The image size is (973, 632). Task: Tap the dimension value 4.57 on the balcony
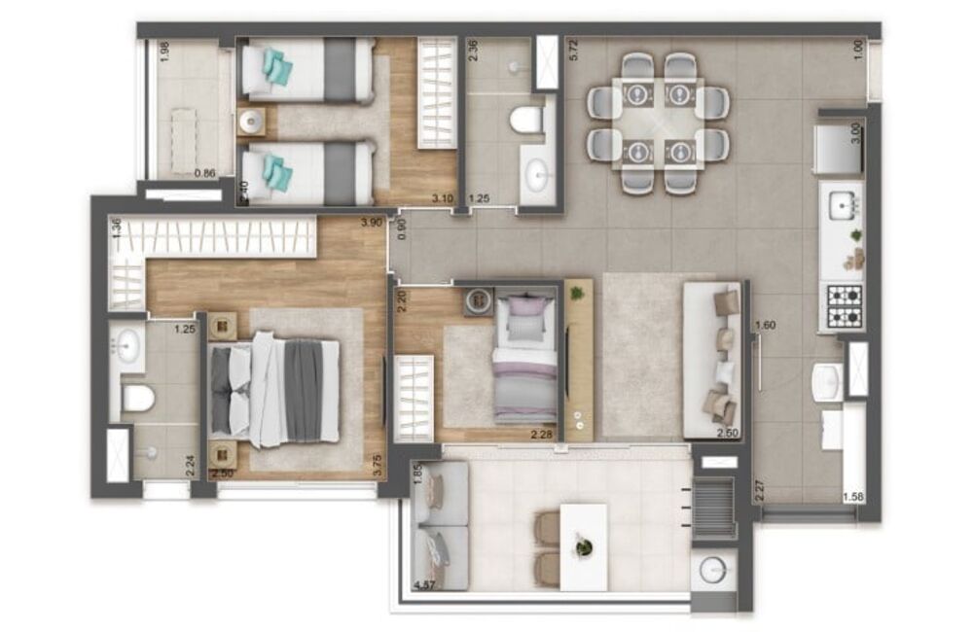[424, 585]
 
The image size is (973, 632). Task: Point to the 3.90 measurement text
[370, 223]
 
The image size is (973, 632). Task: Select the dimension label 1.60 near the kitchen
[767, 326]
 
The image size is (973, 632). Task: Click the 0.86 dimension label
[204, 174]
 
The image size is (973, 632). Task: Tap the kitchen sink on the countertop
[841, 205]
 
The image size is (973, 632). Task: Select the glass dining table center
[658, 123]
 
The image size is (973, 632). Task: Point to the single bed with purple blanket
[524, 360]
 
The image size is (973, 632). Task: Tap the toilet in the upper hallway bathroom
[525, 121]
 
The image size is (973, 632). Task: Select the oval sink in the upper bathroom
[537, 177]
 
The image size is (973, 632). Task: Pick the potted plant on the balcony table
[583, 547]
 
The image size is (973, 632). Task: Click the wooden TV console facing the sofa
[578, 360]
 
